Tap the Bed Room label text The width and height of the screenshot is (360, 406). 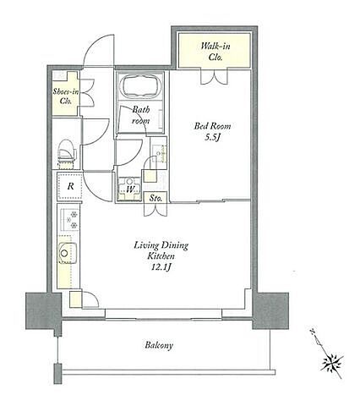point(212,126)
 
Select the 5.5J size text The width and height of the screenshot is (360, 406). point(212,137)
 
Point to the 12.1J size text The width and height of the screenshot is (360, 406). point(161,267)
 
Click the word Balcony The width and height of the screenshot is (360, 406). point(159,345)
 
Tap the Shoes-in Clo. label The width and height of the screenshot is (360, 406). point(66,96)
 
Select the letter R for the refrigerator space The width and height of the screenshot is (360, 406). point(71,186)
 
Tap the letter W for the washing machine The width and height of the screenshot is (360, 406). point(129,189)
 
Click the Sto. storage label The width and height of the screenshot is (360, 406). point(155,198)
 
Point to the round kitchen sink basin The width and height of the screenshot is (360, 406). point(64,253)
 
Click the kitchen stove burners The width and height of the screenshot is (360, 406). point(68,219)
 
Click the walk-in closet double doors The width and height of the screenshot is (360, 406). point(214,76)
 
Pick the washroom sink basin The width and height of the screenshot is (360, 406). point(159,153)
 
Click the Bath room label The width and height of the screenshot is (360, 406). point(140,115)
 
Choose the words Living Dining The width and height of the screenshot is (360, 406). point(161,245)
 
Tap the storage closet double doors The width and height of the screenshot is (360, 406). point(155,210)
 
